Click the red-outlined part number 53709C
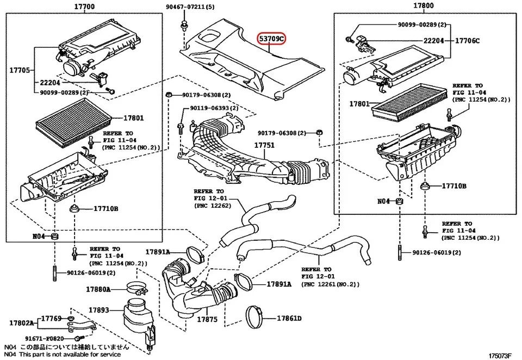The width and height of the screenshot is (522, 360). pyautogui.click(x=271, y=39)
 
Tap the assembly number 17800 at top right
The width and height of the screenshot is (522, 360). pyautogui.click(x=423, y=7)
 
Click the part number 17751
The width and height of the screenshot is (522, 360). pyautogui.click(x=265, y=146)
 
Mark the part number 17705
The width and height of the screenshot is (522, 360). pyautogui.click(x=21, y=70)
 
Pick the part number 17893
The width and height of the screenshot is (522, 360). pyautogui.click(x=99, y=310)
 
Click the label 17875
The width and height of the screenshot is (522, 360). pyautogui.click(x=207, y=320)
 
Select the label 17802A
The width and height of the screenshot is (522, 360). pyautogui.click(x=21, y=323)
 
